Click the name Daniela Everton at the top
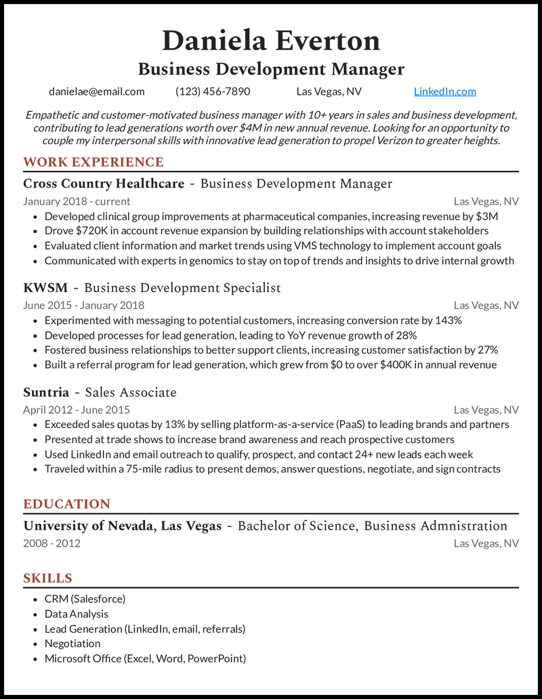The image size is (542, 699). tap(271, 41)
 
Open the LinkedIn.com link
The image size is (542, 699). tap(444, 91)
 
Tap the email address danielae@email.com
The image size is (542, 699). tap(97, 91)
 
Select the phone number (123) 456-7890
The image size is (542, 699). tap(213, 91)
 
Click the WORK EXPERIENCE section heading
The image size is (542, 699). tap(93, 162)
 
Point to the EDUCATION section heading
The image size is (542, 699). tap(66, 504)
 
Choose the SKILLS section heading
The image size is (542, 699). tap(47, 578)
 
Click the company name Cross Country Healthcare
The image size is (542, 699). tap(104, 184)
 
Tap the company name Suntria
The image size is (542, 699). tap(46, 392)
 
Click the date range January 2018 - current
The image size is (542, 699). tap(77, 201)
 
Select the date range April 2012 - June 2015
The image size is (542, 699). tap(77, 410)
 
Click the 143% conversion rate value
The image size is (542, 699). tap(449, 320)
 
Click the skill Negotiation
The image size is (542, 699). tap(72, 643)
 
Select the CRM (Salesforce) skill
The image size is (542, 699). tap(85, 599)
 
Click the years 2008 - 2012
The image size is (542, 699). tap(51, 543)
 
